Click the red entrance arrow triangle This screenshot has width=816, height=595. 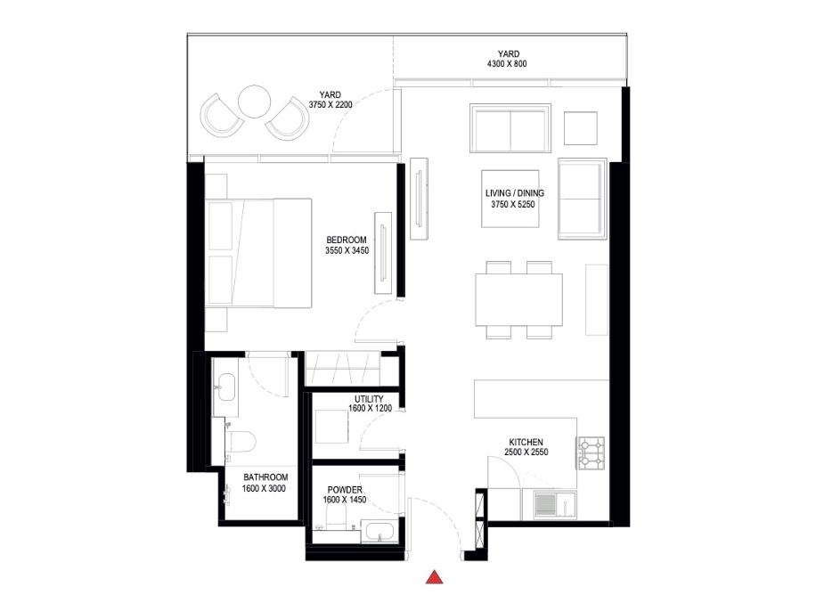point(434,577)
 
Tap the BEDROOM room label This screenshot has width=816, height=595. point(347,240)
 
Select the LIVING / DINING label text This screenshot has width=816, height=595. point(514,192)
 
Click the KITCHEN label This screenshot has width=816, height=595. point(526,442)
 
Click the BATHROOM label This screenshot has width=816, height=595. point(264,477)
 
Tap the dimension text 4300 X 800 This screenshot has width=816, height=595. point(509,65)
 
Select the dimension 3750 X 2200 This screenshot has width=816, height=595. point(331,104)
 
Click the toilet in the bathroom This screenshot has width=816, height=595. point(241,440)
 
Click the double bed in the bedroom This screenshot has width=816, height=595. point(258,253)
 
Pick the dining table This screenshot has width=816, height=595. point(519,300)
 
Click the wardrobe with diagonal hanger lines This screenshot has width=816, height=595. point(343,366)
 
